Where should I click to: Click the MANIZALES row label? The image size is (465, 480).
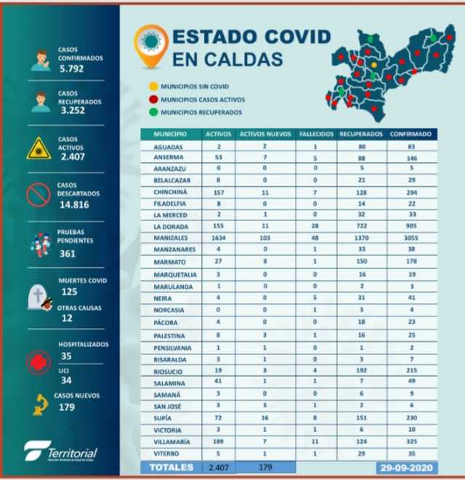pos(169,237)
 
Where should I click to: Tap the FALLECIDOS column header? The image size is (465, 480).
pos(317,135)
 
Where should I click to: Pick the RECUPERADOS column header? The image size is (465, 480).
pos(361,135)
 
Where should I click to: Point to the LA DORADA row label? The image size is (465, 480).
pos(169,226)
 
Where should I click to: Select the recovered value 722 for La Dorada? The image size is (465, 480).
pos(361,226)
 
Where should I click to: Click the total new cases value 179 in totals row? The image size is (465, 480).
pos(265,466)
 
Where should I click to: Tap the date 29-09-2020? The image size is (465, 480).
pos(408,466)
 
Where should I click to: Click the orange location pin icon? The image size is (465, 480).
pos(152,45)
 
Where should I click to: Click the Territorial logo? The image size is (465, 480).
pos(61,451)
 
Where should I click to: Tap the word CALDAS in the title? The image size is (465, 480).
pos(232,58)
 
